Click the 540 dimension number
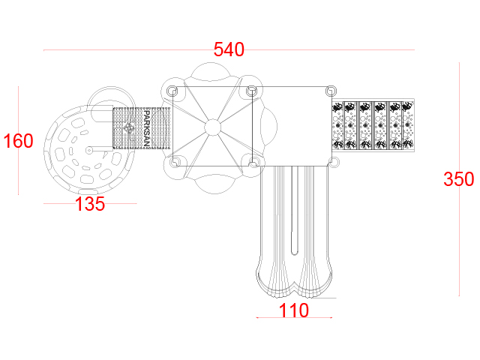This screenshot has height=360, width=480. click(x=229, y=49)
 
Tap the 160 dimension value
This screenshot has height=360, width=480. click(x=18, y=141)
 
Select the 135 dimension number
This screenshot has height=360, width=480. click(x=90, y=204)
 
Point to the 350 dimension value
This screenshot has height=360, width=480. click(x=458, y=179)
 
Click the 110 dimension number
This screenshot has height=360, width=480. click(x=294, y=310)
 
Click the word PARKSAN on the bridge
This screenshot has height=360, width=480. click(x=147, y=128)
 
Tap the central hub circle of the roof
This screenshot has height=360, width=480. click(x=212, y=127)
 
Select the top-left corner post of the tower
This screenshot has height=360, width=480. click(x=172, y=91)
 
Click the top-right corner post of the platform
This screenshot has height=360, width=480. click(x=331, y=91)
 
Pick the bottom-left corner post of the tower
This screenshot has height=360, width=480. click(x=174, y=161)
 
